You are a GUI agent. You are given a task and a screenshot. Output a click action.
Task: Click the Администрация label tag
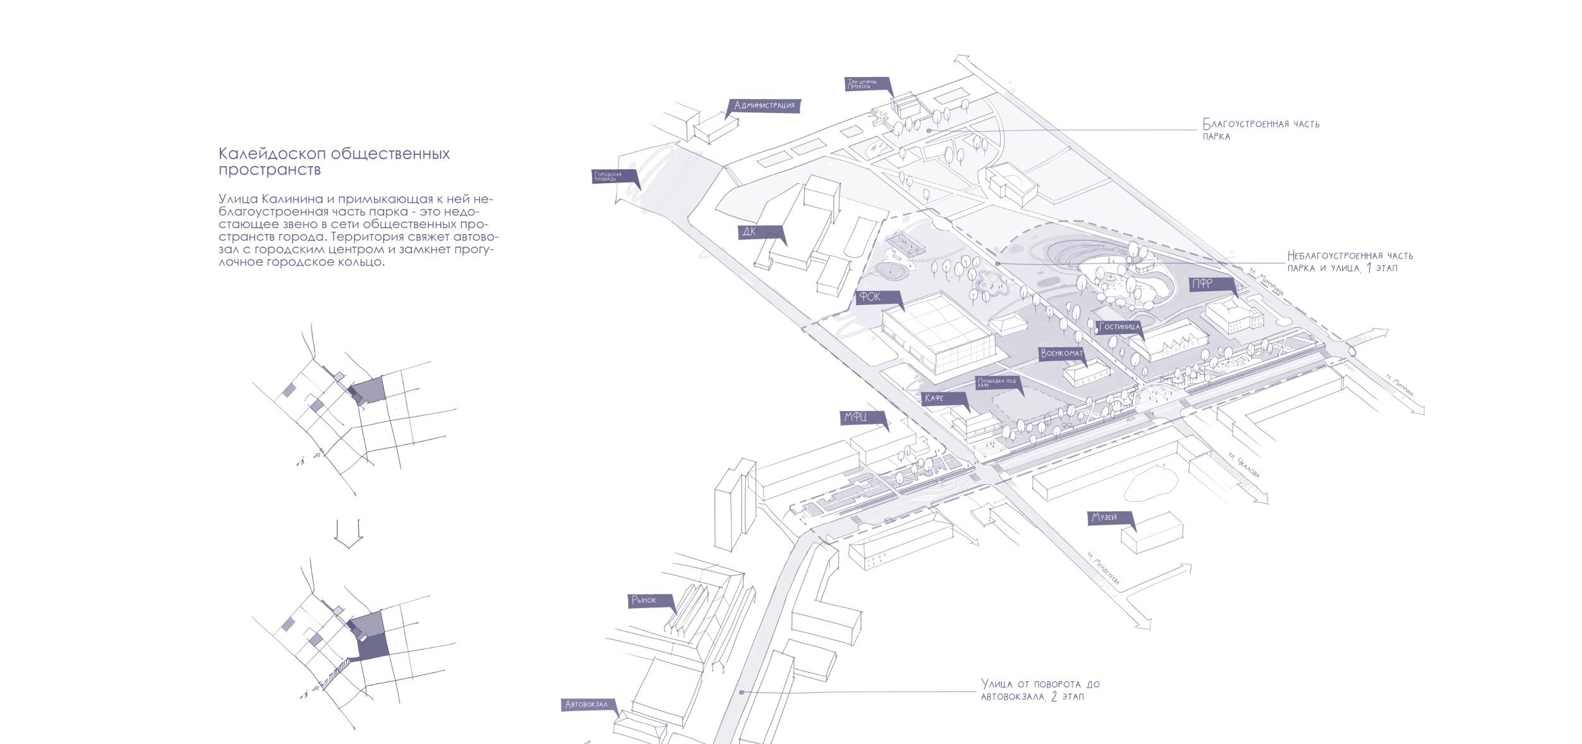coord(763,105)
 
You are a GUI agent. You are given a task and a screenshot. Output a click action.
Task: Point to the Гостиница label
coord(1119,327)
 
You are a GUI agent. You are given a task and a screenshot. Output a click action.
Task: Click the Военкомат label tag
coord(1061,354)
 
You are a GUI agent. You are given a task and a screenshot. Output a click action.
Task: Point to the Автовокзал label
coord(586,704)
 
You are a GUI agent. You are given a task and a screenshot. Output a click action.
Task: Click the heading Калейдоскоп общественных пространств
coord(334,161)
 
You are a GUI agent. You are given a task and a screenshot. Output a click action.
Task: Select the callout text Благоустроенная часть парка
coord(1260,129)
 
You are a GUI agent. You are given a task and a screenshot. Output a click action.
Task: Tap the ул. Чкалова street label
coord(1243,465)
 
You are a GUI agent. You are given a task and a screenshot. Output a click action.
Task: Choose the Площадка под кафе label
coord(997,382)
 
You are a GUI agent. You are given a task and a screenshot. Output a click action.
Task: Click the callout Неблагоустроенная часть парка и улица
coord(1350,261)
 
